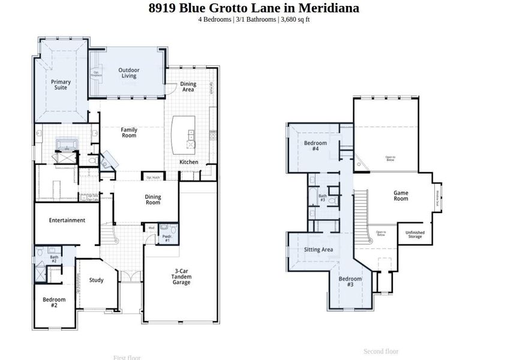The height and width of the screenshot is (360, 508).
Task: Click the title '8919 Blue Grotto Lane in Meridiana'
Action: pyautogui.click(x=254, y=8)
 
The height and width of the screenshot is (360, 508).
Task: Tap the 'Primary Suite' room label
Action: pyautogui.click(x=61, y=85)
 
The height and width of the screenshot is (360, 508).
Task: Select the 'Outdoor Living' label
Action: pyautogui.click(x=128, y=73)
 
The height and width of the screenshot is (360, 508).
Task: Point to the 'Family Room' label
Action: pyautogui.click(x=129, y=133)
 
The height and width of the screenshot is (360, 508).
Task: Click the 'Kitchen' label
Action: pyautogui.click(x=189, y=162)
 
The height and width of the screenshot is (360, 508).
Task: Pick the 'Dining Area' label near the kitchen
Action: pyautogui.click(x=188, y=87)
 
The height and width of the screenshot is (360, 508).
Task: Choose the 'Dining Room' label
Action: pyautogui.click(x=153, y=200)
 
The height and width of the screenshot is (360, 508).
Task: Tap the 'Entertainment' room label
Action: pyautogui.click(x=67, y=220)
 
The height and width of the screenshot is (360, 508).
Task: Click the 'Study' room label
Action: pyautogui.click(x=96, y=280)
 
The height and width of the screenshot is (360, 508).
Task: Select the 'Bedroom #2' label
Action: pyautogui.click(x=53, y=302)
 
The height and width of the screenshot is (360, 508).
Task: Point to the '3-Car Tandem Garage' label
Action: pyautogui.click(x=182, y=277)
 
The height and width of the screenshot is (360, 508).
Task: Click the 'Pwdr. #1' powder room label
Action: pyautogui.click(x=167, y=238)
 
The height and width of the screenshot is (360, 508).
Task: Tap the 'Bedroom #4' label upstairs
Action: pyautogui.click(x=315, y=146)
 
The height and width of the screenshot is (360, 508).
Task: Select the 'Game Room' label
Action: pyautogui.click(x=401, y=196)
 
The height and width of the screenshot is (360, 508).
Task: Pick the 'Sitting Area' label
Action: pyautogui.click(x=318, y=250)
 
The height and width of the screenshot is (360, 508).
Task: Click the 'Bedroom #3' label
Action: pyautogui.click(x=350, y=281)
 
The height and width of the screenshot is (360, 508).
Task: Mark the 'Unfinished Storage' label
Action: pyautogui.click(x=414, y=235)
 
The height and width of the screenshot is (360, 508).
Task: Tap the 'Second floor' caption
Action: pyautogui.click(x=381, y=351)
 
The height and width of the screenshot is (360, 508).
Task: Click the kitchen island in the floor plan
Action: pyautogui.click(x=184, y=134)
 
